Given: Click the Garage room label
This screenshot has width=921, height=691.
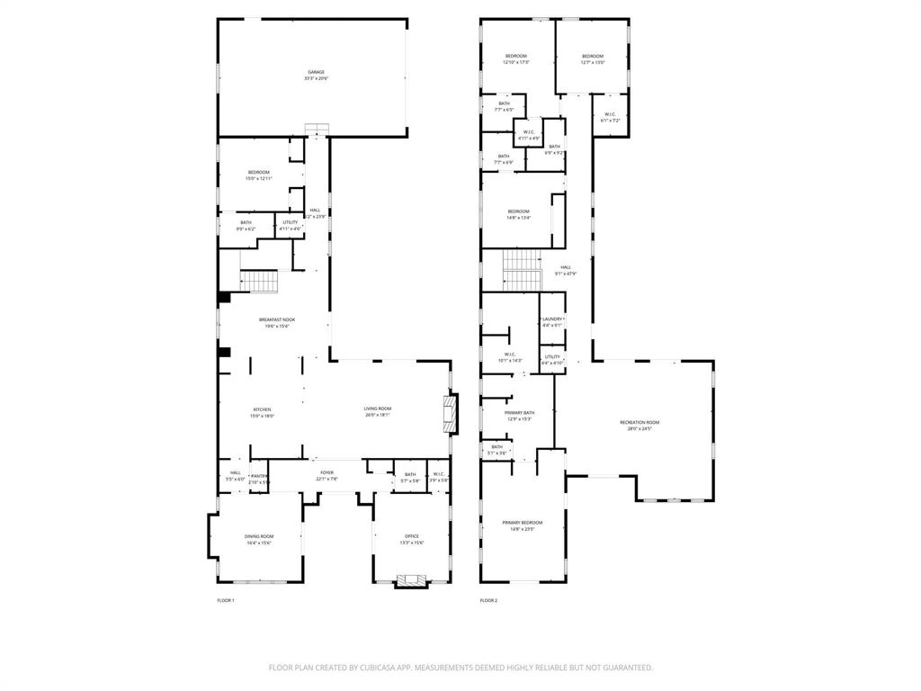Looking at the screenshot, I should pyautogui.click(x=316, y=72).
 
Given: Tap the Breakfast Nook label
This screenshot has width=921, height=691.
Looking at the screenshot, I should pyautogui.click(x=277, y=319).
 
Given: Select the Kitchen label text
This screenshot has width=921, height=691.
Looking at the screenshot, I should pyautogui.click(x=262, y=409).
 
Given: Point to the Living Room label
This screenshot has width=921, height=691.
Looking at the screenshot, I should pyautogui.click(x=377, y=408).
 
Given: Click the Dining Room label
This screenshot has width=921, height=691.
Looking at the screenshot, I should pyautogui.click(x=259, y=536).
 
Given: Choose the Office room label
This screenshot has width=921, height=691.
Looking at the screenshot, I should pyautogui.click(x=412, y=536).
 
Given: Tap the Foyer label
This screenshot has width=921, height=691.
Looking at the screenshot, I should pyautogui.click(x=326, y=472).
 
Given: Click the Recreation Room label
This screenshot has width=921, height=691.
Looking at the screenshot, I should pyautogui.click(x=639, y=422).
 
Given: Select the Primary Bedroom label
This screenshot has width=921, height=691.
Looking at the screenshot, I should pyautogui.click(x=523, y=523).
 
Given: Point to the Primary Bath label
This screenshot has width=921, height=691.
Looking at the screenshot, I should pyautogui.click(x=520, y=412).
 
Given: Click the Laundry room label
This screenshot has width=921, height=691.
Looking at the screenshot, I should pyautogui.click(x=552, y=319).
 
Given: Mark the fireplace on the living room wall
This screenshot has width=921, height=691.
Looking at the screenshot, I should pyautogui.click(x=449, y=412).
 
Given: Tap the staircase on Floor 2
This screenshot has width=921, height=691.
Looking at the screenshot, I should pyautogui.click(x=520, y=270).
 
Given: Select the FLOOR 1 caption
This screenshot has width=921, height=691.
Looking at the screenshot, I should pyautogui.click(x=226, y=600).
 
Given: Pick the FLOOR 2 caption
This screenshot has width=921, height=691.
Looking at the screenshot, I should pyautogui.click(x=488, y=600).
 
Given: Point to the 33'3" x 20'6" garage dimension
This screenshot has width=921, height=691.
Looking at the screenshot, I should pyautogui.click(x=316, y=79).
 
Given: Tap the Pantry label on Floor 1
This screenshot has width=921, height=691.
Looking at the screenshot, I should pyautogui.click(x=259, y=476).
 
